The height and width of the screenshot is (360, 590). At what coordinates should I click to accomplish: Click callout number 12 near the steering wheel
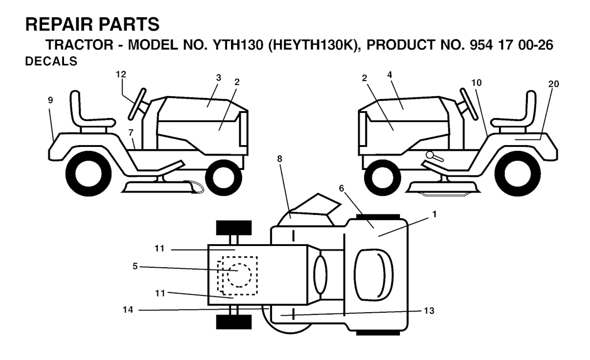(x=121, y=74)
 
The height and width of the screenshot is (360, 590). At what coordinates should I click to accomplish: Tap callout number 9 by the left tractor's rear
(x=51, y=100)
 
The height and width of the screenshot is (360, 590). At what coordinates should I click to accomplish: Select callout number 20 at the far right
(x=554, y=84)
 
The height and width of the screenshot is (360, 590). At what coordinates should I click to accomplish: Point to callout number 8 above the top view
(x=279, y=159)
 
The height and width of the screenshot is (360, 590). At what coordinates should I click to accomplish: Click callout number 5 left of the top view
(x=135, y=266)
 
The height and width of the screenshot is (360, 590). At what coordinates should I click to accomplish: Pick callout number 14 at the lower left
(x=128, y=309)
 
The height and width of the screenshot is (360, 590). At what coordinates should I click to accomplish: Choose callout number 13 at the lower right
(x=429, y=310)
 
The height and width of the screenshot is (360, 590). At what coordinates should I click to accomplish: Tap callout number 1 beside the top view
(x=434, y=214)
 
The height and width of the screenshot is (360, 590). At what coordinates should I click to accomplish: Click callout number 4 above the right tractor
(x=389, y=75)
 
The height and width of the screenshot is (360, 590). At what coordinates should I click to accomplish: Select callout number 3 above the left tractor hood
(x=218, y=78)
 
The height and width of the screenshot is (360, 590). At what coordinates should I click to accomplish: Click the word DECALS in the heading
(x=51, y=61)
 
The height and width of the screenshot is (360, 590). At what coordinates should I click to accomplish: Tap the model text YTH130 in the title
(x=238, y=45)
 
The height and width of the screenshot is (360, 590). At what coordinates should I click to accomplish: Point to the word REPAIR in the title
(x=54, y=24)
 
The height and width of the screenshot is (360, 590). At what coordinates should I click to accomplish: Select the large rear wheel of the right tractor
(x=517, y=173)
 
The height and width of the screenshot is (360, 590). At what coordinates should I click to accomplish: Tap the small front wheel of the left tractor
(x=224, y=177)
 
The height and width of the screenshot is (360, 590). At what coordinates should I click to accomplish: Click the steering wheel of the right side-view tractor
(x=469, y=104)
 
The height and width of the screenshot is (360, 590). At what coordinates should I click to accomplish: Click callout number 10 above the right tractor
(x=476, y=83)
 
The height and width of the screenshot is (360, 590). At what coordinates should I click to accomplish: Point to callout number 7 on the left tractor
(x=131, y=132)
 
